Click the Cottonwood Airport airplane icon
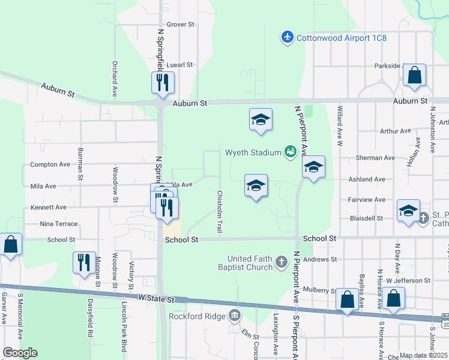tap(288, 38)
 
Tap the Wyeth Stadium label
tap(253, 152)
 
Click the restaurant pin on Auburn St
tap(161, 83)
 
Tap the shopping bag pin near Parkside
tap(414, 76)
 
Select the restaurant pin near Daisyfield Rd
tap(82, 263)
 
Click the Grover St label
tap(181, 25)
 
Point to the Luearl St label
tap(179, 64)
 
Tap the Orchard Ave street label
tap(114, 79)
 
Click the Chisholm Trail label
tap(220, 212)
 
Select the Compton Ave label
tap(50, 164)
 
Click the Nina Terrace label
tap(58, 224)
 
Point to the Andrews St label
tap(320, 259)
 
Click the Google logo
tap(20, 353)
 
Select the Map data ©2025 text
tap(423, 355)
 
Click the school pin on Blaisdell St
tap(409, 211)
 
